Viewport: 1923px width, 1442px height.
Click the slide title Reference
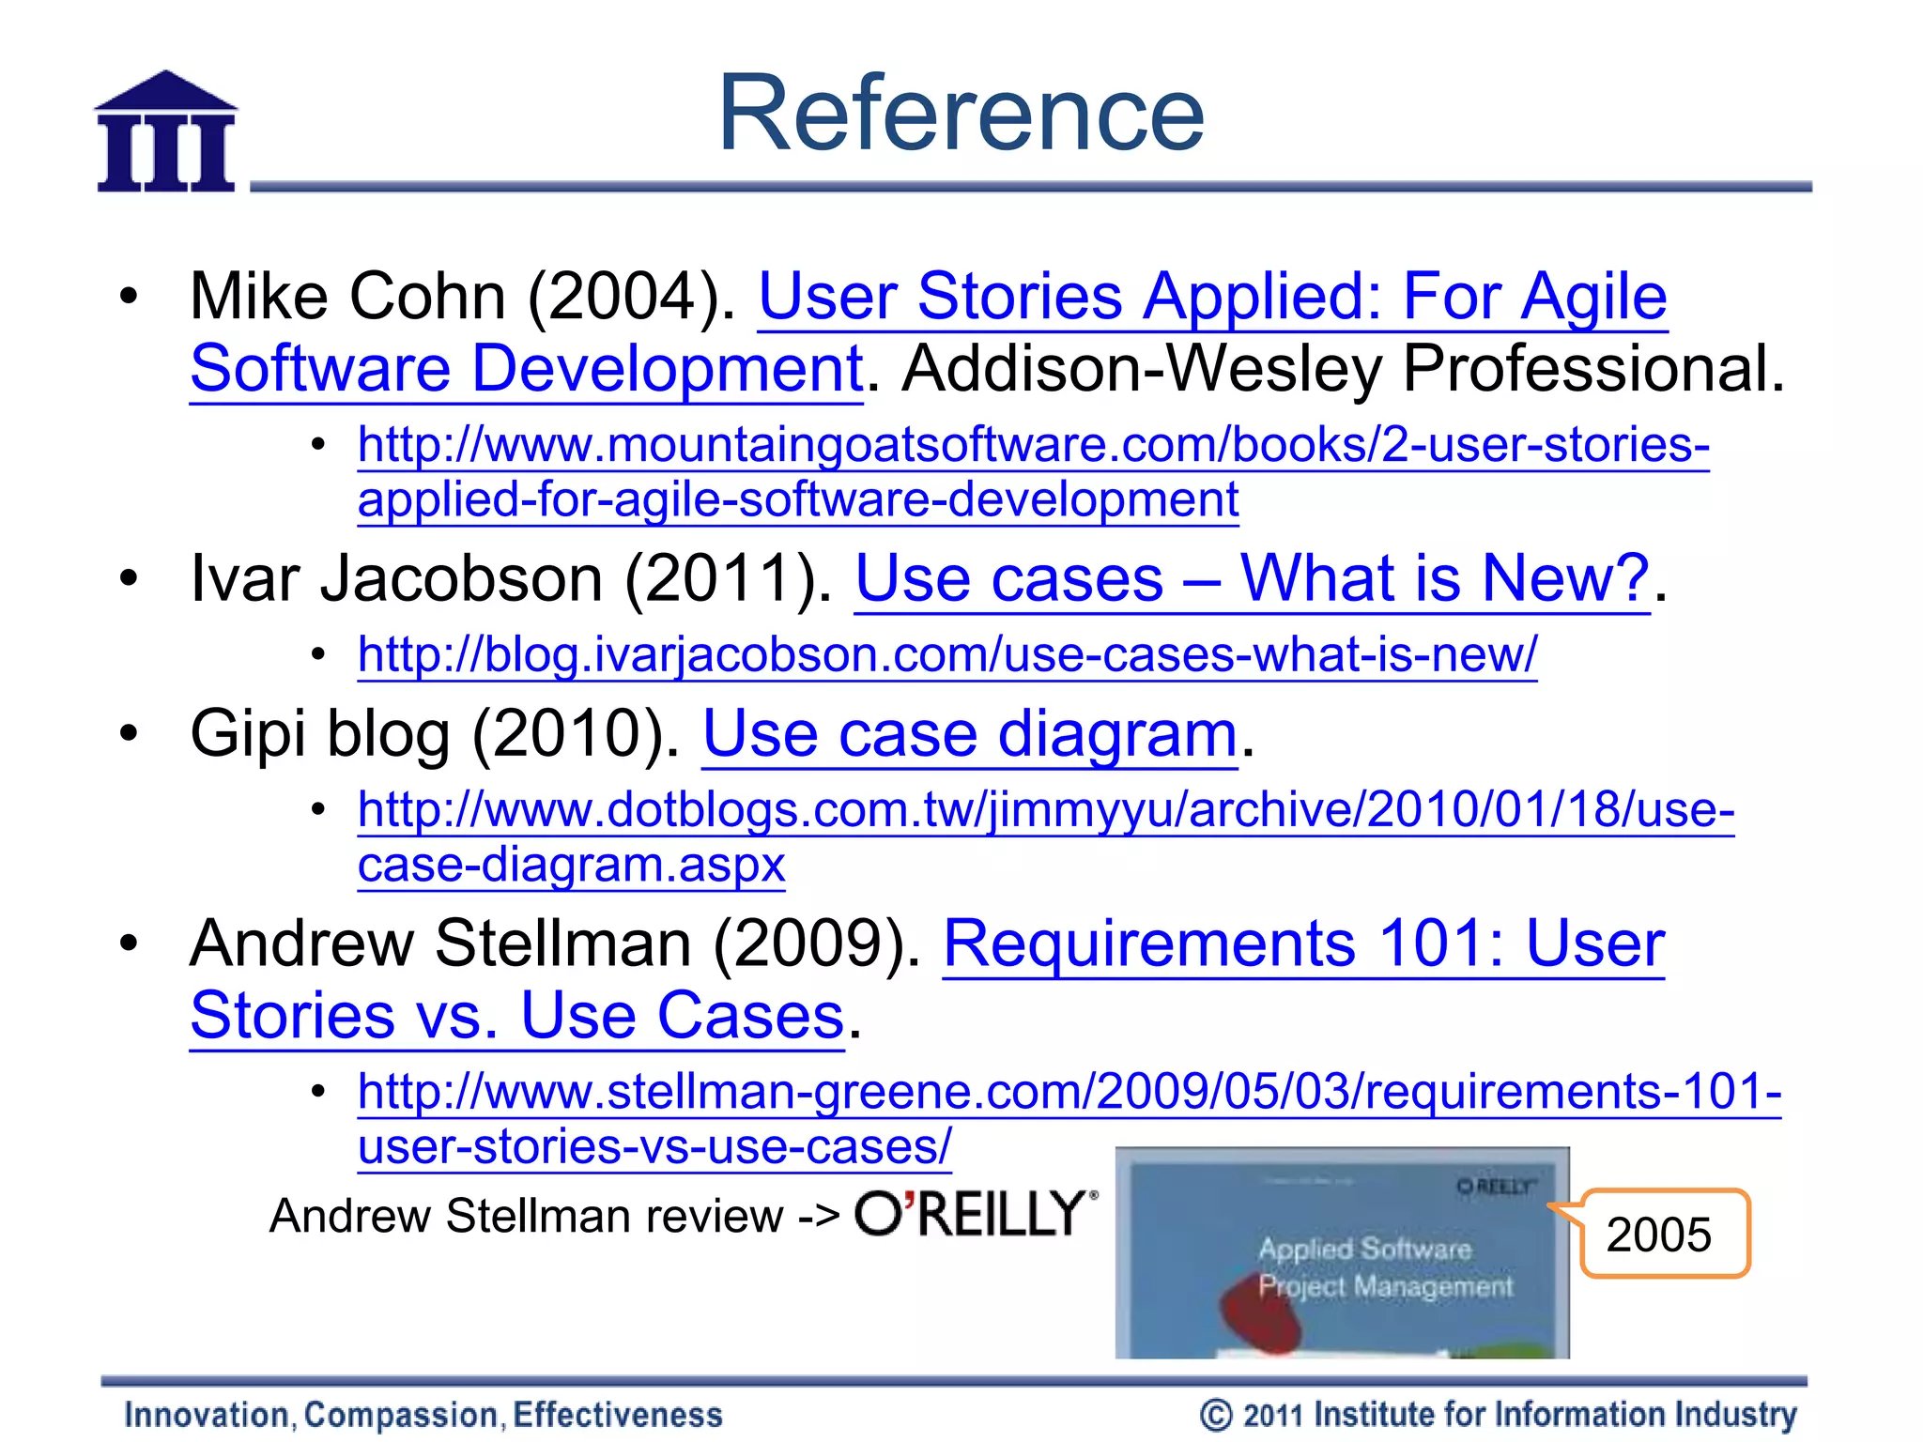pos(961,114)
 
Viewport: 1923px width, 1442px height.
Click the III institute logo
pos(166,133)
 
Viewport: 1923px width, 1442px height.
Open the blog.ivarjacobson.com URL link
pos(946,654)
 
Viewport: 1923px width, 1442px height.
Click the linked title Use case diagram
pos(969,733)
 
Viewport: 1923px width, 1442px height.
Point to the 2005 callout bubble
pos(1663,1234)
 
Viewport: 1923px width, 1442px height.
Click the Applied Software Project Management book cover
pos(1342,1253)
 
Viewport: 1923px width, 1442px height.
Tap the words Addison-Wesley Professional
pos(1342,368)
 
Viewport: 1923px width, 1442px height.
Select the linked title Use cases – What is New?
pos(1252,578)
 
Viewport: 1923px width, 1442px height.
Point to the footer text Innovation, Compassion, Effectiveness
pos(423,1415)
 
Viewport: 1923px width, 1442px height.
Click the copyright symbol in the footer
pos(1215,1415)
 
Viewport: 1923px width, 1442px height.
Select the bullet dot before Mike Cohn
pos(129,297)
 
